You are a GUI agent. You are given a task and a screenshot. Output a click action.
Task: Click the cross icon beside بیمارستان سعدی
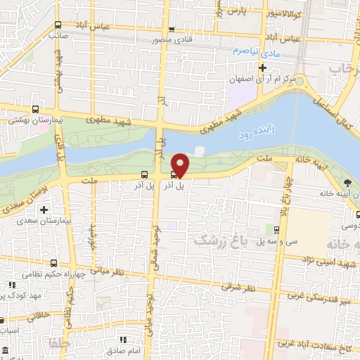click(44, 210)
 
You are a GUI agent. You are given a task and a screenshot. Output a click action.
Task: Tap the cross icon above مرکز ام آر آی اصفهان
click(262, 68)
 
